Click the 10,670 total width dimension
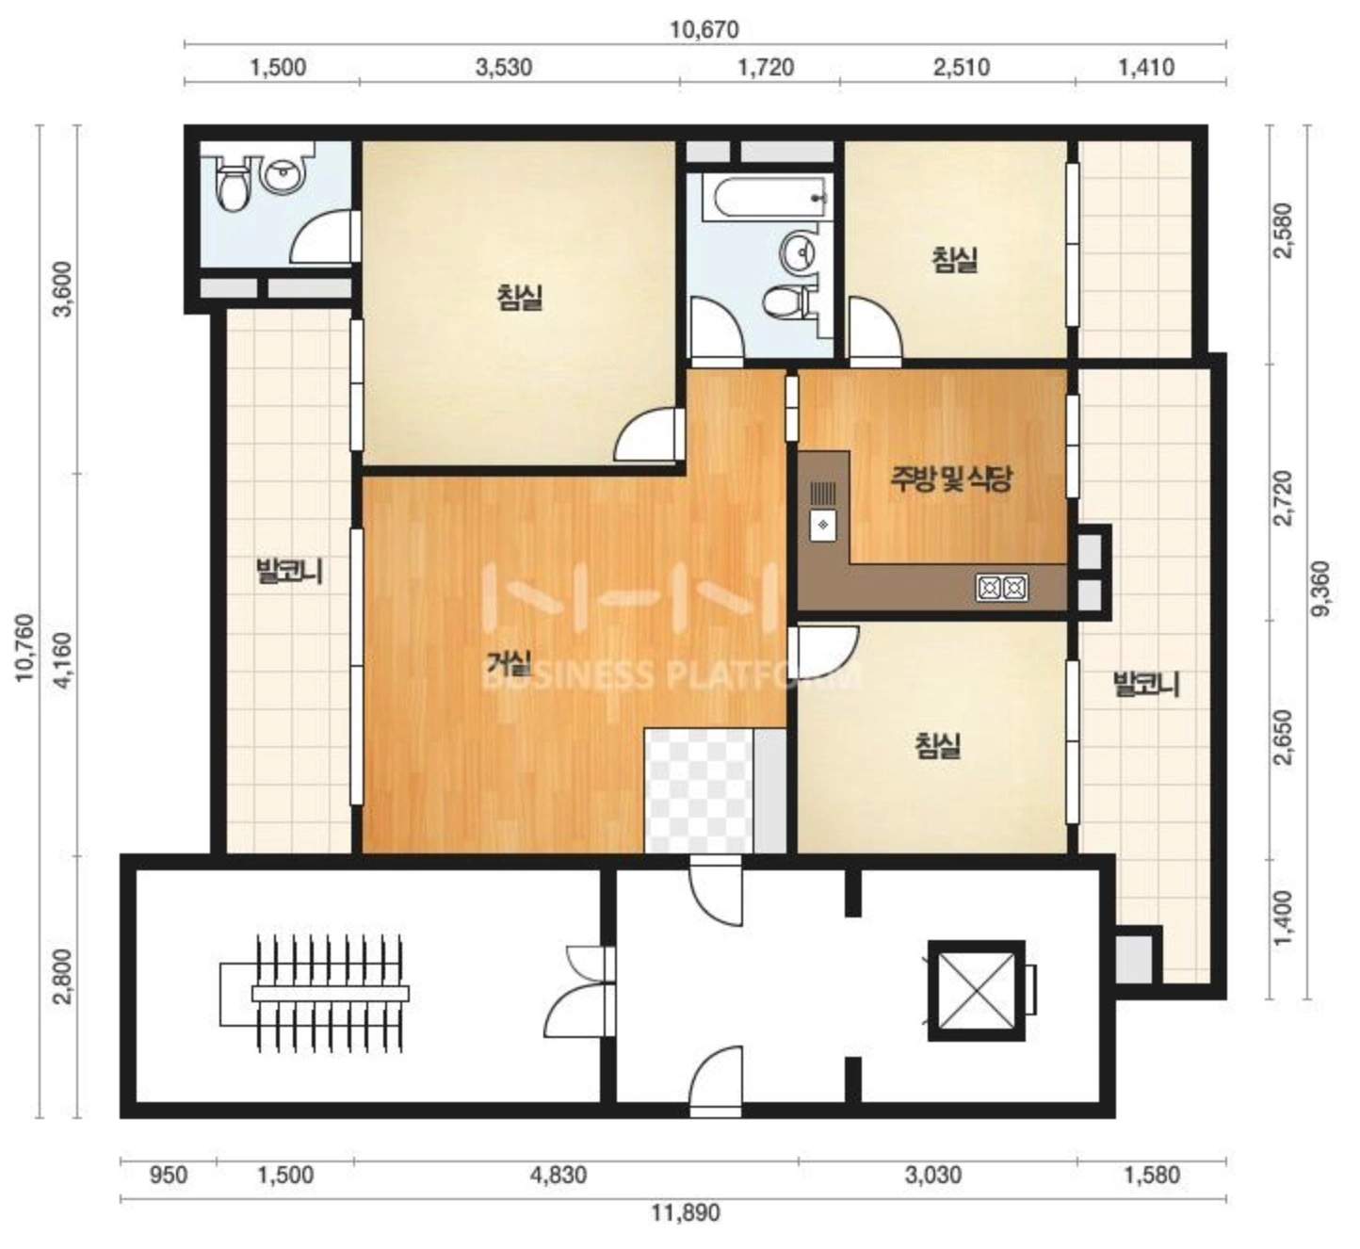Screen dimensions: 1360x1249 coord(704,30)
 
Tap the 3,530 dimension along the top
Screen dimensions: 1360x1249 coord(503,67)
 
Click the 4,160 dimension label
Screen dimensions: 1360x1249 coord(64,661)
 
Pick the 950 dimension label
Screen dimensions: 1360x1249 coord(168,1175)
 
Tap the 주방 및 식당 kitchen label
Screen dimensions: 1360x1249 coord(950,479)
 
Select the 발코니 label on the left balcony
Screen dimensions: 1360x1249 coord(289,571)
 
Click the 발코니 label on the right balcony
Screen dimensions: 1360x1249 coord(1146,685)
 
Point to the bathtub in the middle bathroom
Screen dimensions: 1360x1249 coord(766,197)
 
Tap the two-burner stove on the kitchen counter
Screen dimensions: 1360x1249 coord(1001,587)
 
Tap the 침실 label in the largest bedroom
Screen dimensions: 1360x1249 coord(520,298)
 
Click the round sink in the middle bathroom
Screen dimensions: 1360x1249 coord(798,253)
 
